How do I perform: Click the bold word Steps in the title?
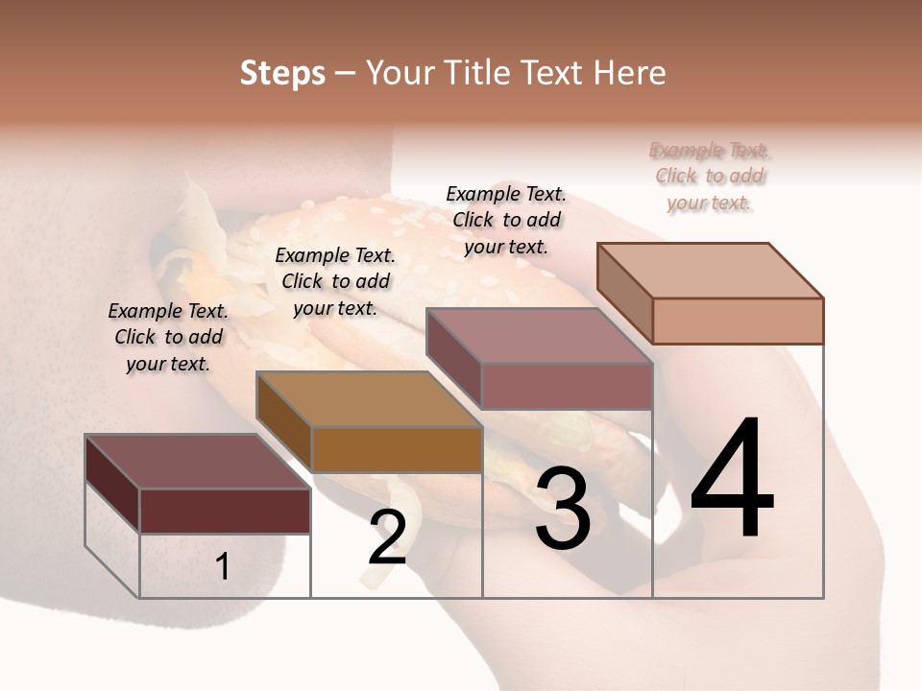coord(282,73)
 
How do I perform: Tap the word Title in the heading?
coord(480,73)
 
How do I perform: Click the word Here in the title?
coord(628,73)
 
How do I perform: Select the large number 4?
coord(732,480)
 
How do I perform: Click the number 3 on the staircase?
coord(563,509)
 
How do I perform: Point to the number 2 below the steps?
coord(387,537)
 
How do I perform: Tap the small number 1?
coord(223,566)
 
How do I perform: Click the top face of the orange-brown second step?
coord(369,399)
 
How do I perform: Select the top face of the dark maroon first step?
coord(198,462)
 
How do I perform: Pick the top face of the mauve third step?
coord(540,336)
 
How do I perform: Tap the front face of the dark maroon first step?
coord(225,511)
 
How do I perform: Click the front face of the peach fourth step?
coord(738,321)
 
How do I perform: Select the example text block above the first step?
coord(168,337)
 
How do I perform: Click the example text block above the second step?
coord(335,281)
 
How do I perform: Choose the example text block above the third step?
coord(506,220)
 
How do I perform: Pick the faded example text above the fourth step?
coord(710,176)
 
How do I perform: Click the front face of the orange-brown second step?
coord(397,449)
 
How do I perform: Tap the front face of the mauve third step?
coord(567,386)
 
